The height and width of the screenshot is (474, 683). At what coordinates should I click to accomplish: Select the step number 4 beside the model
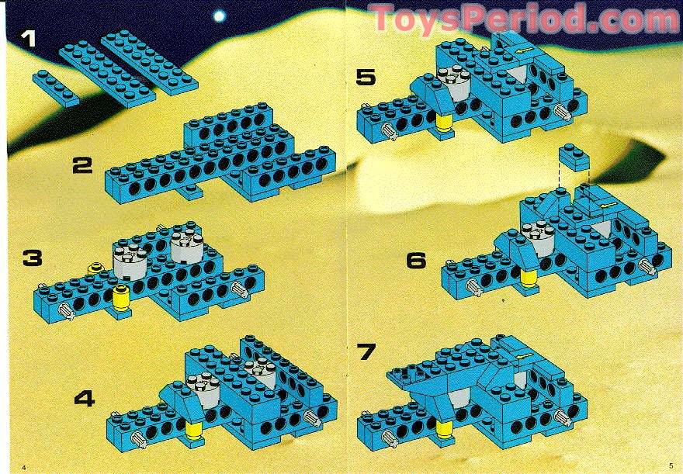click(x=85, y=399)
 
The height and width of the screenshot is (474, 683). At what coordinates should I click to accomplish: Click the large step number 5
click(x=366, y=78)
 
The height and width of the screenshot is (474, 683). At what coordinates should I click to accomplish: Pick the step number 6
click(x=417, y=261)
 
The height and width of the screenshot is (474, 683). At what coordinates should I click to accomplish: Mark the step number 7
click(x=367, y=351)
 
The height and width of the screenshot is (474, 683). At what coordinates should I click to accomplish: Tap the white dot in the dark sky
click(x=220, y=16)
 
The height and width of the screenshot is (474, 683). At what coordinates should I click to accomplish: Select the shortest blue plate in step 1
click(x=56, y=87)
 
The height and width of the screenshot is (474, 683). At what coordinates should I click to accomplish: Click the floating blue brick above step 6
click(x=571, y=157)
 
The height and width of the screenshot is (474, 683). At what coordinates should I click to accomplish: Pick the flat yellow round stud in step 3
click(x=97, y=268)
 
